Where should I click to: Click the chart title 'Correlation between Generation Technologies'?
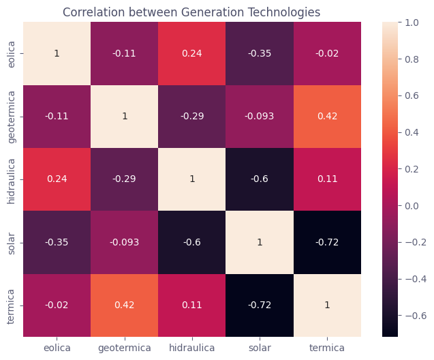(191, 12)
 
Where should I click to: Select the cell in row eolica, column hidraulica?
(192, 53)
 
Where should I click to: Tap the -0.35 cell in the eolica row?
(260, 53)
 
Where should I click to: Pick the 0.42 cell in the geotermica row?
(327, 116)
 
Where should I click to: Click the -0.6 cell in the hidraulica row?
(260, 179)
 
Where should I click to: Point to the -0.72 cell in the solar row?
(327, 242)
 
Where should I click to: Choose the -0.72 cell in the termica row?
(260, 305)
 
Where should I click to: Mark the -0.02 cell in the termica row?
(57, 305)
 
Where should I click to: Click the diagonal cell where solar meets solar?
(260, 242)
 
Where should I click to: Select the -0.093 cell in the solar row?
(125, 242)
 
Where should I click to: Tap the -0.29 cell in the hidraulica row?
(125, 179)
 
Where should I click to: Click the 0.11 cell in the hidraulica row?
(327, 179)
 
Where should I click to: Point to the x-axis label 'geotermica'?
(125, 348)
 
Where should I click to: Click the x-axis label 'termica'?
(327, 348)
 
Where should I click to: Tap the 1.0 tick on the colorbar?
(412, 22)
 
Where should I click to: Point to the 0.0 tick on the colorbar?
(412, 205)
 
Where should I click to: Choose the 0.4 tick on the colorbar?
(412, 132)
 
